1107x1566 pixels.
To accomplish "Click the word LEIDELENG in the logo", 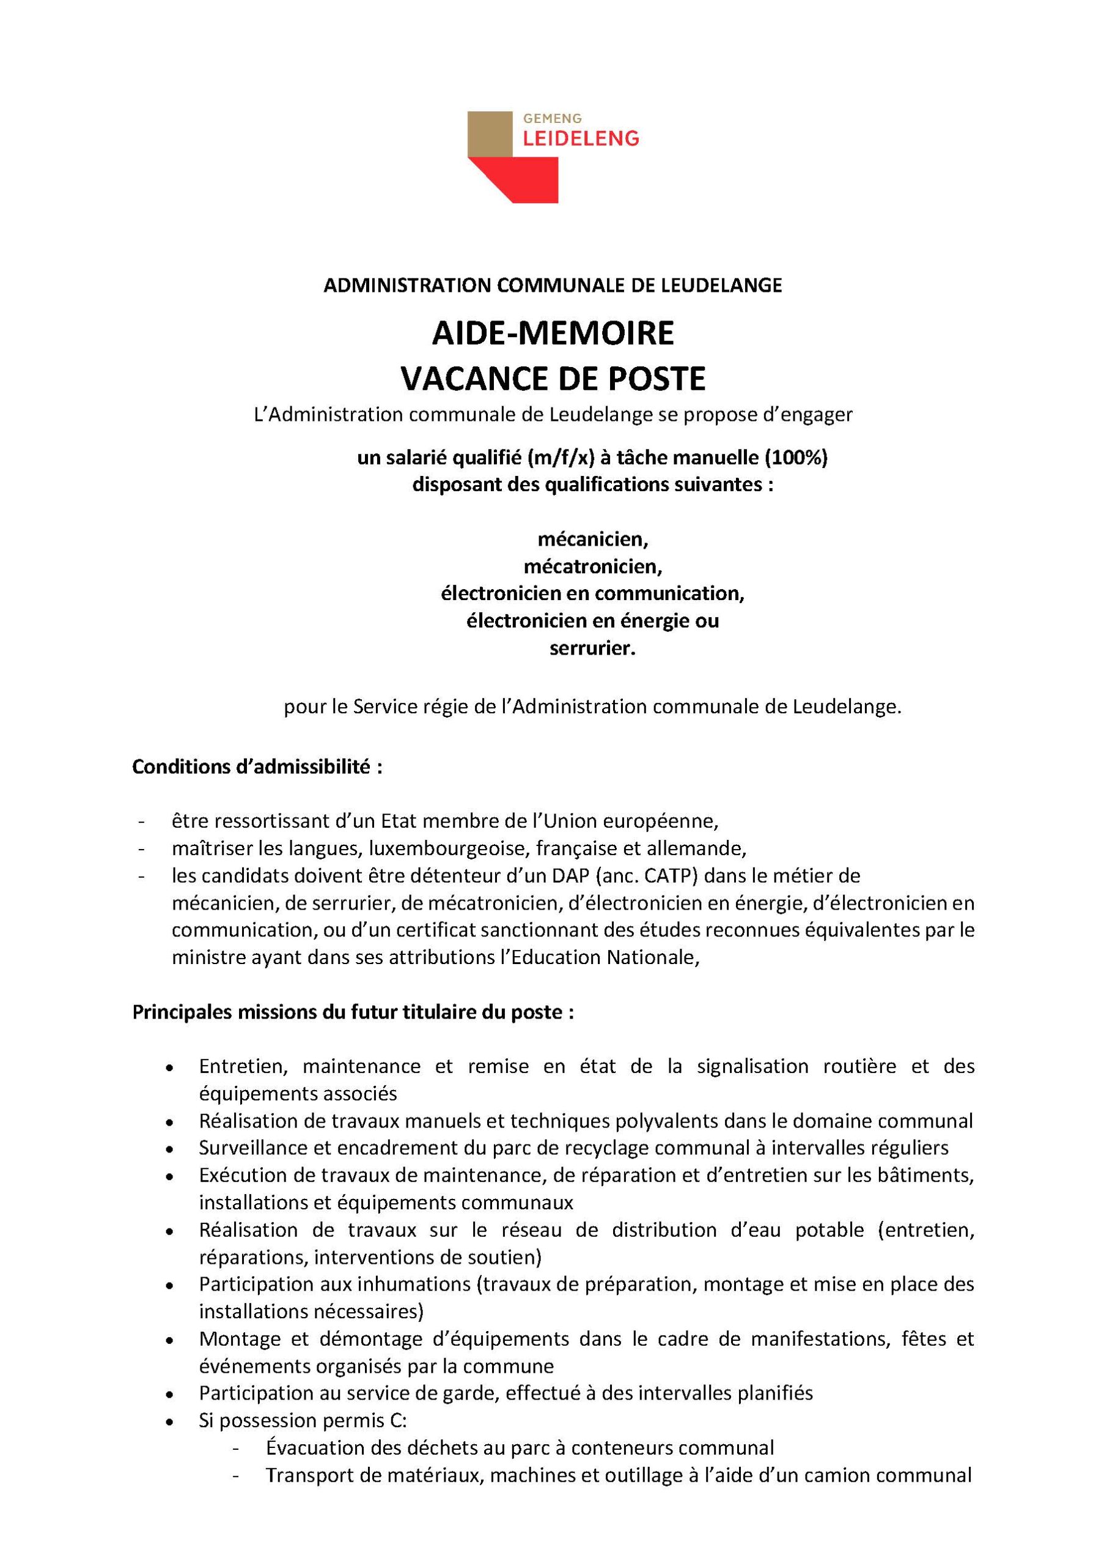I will [x=581, y=139].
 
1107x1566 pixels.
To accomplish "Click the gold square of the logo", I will [x=490, y=134].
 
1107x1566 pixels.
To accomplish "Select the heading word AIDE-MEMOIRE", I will [x=553, y=333].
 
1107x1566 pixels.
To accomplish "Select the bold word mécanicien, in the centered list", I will [x=592, y=539].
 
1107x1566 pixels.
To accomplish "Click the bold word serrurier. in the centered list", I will [x=592, y=648].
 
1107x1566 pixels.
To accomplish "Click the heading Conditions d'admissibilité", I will [x=257, y=766].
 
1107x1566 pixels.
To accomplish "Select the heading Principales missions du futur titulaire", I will [x=353, y=1012].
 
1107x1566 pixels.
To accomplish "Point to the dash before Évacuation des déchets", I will [x=237, y=1448].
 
